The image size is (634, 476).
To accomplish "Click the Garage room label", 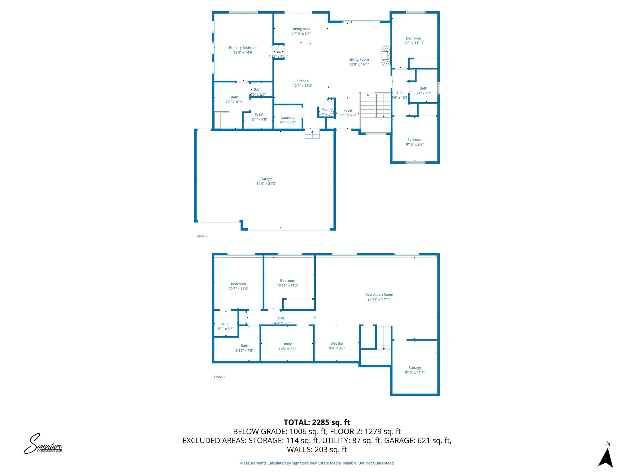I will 266,179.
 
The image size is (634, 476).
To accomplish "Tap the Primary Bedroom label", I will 243,48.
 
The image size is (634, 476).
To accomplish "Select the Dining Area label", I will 301,29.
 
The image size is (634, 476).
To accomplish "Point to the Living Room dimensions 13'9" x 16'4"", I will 359,64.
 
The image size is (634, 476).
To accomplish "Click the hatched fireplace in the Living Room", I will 386,55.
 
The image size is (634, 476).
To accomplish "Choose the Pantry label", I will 327,109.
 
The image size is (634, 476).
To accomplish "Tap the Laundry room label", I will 288,117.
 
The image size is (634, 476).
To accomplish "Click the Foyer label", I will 348,110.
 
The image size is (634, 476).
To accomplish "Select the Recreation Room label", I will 379,294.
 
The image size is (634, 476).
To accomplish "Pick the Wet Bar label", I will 337,343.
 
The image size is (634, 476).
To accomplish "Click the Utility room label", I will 287,344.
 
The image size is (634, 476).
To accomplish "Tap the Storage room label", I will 415,368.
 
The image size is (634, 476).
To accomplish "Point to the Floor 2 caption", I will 202,236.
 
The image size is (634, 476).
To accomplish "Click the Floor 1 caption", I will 219,377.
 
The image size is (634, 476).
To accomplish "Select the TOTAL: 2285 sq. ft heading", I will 317,422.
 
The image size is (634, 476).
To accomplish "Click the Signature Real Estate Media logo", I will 43,444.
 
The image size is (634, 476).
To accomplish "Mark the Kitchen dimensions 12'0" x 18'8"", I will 302,86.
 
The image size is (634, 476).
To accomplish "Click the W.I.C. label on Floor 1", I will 226,324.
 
